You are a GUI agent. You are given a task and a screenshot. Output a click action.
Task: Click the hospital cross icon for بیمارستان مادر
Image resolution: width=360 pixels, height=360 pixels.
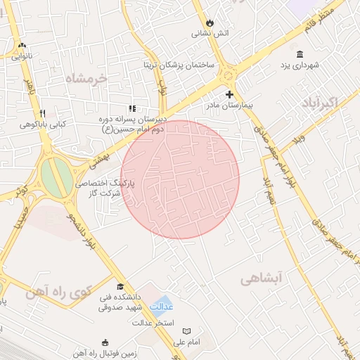[229, 94]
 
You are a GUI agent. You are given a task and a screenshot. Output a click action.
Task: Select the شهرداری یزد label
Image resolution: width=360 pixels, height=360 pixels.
[301, 65]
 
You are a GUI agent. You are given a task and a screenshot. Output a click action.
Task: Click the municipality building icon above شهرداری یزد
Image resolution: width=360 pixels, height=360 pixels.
[300, 54]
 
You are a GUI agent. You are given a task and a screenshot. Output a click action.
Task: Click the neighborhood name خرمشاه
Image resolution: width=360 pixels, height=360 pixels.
[89, 77]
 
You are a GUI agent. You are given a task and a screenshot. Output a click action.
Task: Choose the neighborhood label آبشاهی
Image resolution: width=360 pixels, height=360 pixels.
[261, 278]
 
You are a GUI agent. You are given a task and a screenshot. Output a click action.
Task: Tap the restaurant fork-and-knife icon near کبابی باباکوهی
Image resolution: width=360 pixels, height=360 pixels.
[43, 113]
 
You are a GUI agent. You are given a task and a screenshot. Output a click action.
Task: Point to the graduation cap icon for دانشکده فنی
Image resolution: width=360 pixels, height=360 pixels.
[120, 286]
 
